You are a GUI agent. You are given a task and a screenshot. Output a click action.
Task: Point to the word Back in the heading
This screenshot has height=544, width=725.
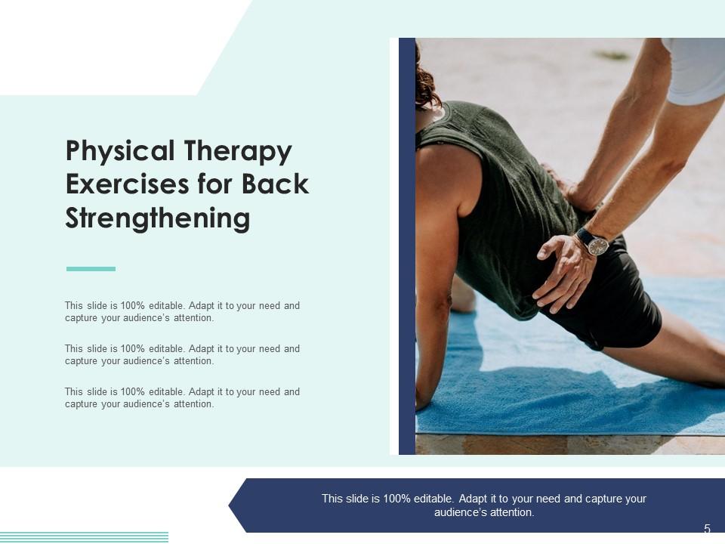[x=276, y=185]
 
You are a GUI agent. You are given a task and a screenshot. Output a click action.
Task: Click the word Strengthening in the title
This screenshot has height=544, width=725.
[x=157, y=218]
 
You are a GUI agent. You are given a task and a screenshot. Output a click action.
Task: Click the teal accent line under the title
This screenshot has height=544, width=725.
[x=91, y=269]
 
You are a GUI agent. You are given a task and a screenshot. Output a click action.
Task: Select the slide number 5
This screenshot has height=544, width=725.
[x=707, y=529]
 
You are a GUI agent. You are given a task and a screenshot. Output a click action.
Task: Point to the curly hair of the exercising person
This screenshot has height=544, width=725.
[x=425, y=83]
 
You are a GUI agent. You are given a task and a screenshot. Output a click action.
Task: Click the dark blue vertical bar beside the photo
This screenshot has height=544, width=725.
[x=407, y=246]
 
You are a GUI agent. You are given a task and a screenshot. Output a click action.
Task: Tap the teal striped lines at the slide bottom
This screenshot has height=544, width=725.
[x=83, y=537]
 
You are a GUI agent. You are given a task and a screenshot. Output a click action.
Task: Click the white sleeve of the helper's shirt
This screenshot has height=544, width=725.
[x=695, y=72]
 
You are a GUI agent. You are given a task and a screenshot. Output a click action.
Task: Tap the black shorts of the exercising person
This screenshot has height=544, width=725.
[x=619, y=302]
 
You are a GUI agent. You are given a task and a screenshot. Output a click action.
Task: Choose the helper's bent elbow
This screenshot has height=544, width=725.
[x=665, y=162]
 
